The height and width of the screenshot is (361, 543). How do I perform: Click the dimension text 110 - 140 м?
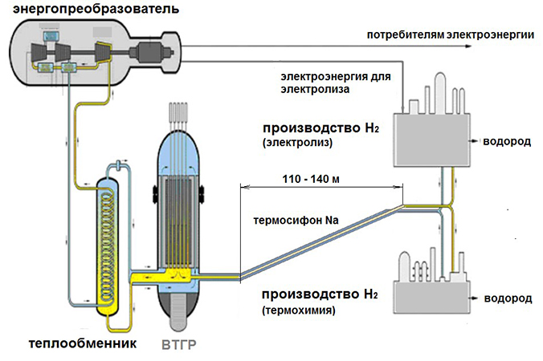pyautogui.click(x=310, y=178)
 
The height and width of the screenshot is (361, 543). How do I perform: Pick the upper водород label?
pyautogui.click(x=507, y=141)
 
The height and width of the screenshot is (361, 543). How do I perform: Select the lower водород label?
pyautogui.click(x=507, y=298)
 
